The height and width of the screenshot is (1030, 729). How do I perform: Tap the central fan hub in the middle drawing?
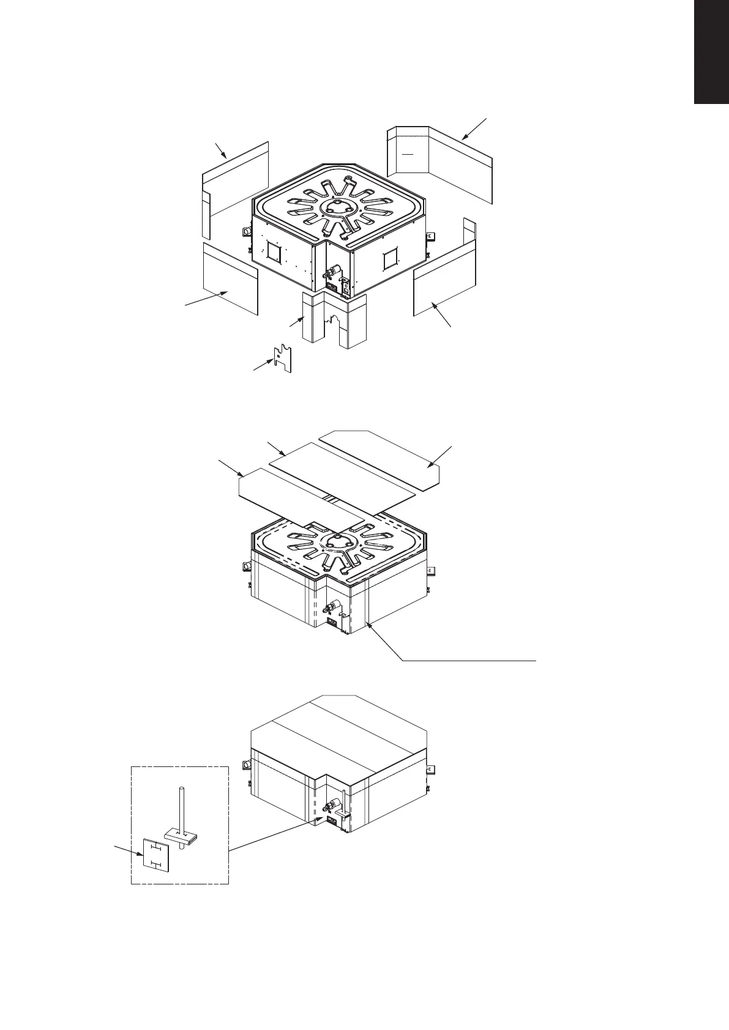[x=335, y=541]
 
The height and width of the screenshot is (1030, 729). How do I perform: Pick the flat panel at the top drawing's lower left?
[x=230, y=278]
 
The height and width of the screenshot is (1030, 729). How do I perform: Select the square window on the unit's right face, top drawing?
[x=390, y=261]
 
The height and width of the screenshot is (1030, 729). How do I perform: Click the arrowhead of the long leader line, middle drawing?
[x=368, y=623]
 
